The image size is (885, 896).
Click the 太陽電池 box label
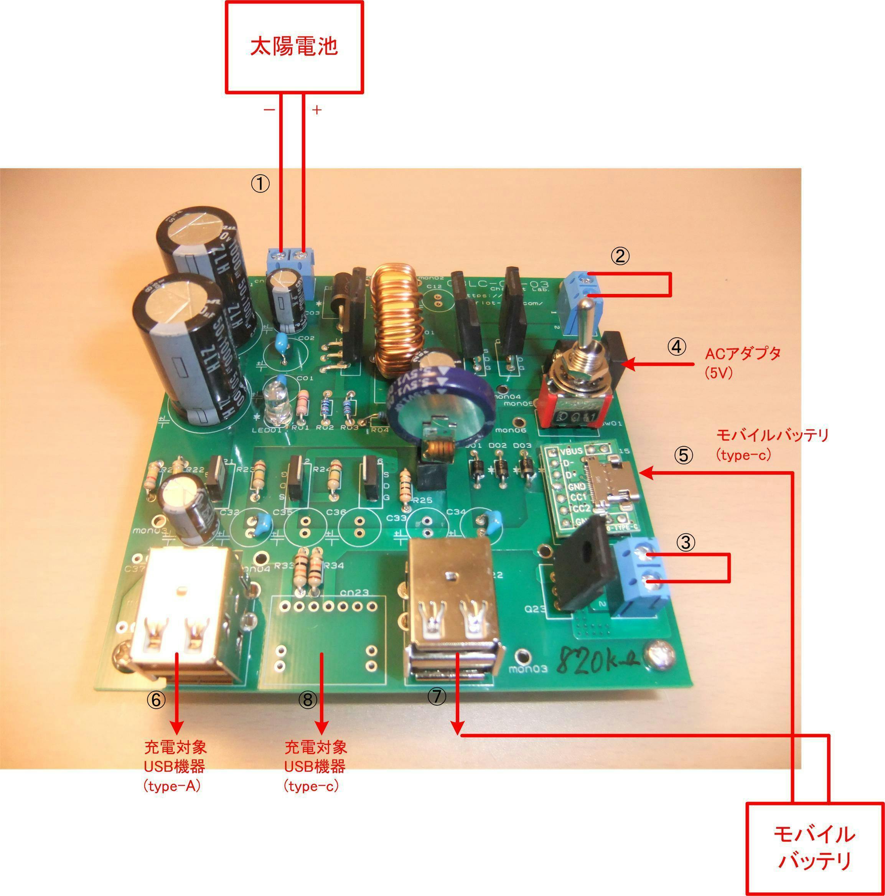(294, 47)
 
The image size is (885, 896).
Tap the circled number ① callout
(260, 184)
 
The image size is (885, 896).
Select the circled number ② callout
(620, 256)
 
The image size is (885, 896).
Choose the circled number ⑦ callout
(437, 696)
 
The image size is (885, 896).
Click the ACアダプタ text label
(743, 354)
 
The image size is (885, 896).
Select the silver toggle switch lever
(585, 329)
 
